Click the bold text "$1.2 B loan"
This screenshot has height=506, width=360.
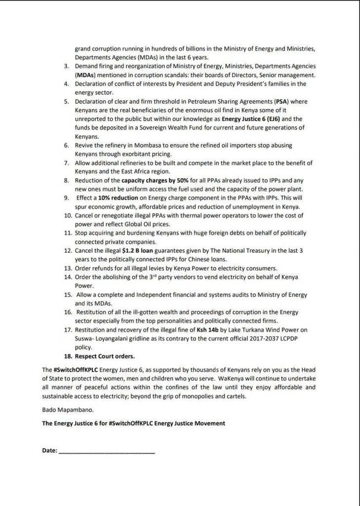pyautogui.click(x=138, y=251)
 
